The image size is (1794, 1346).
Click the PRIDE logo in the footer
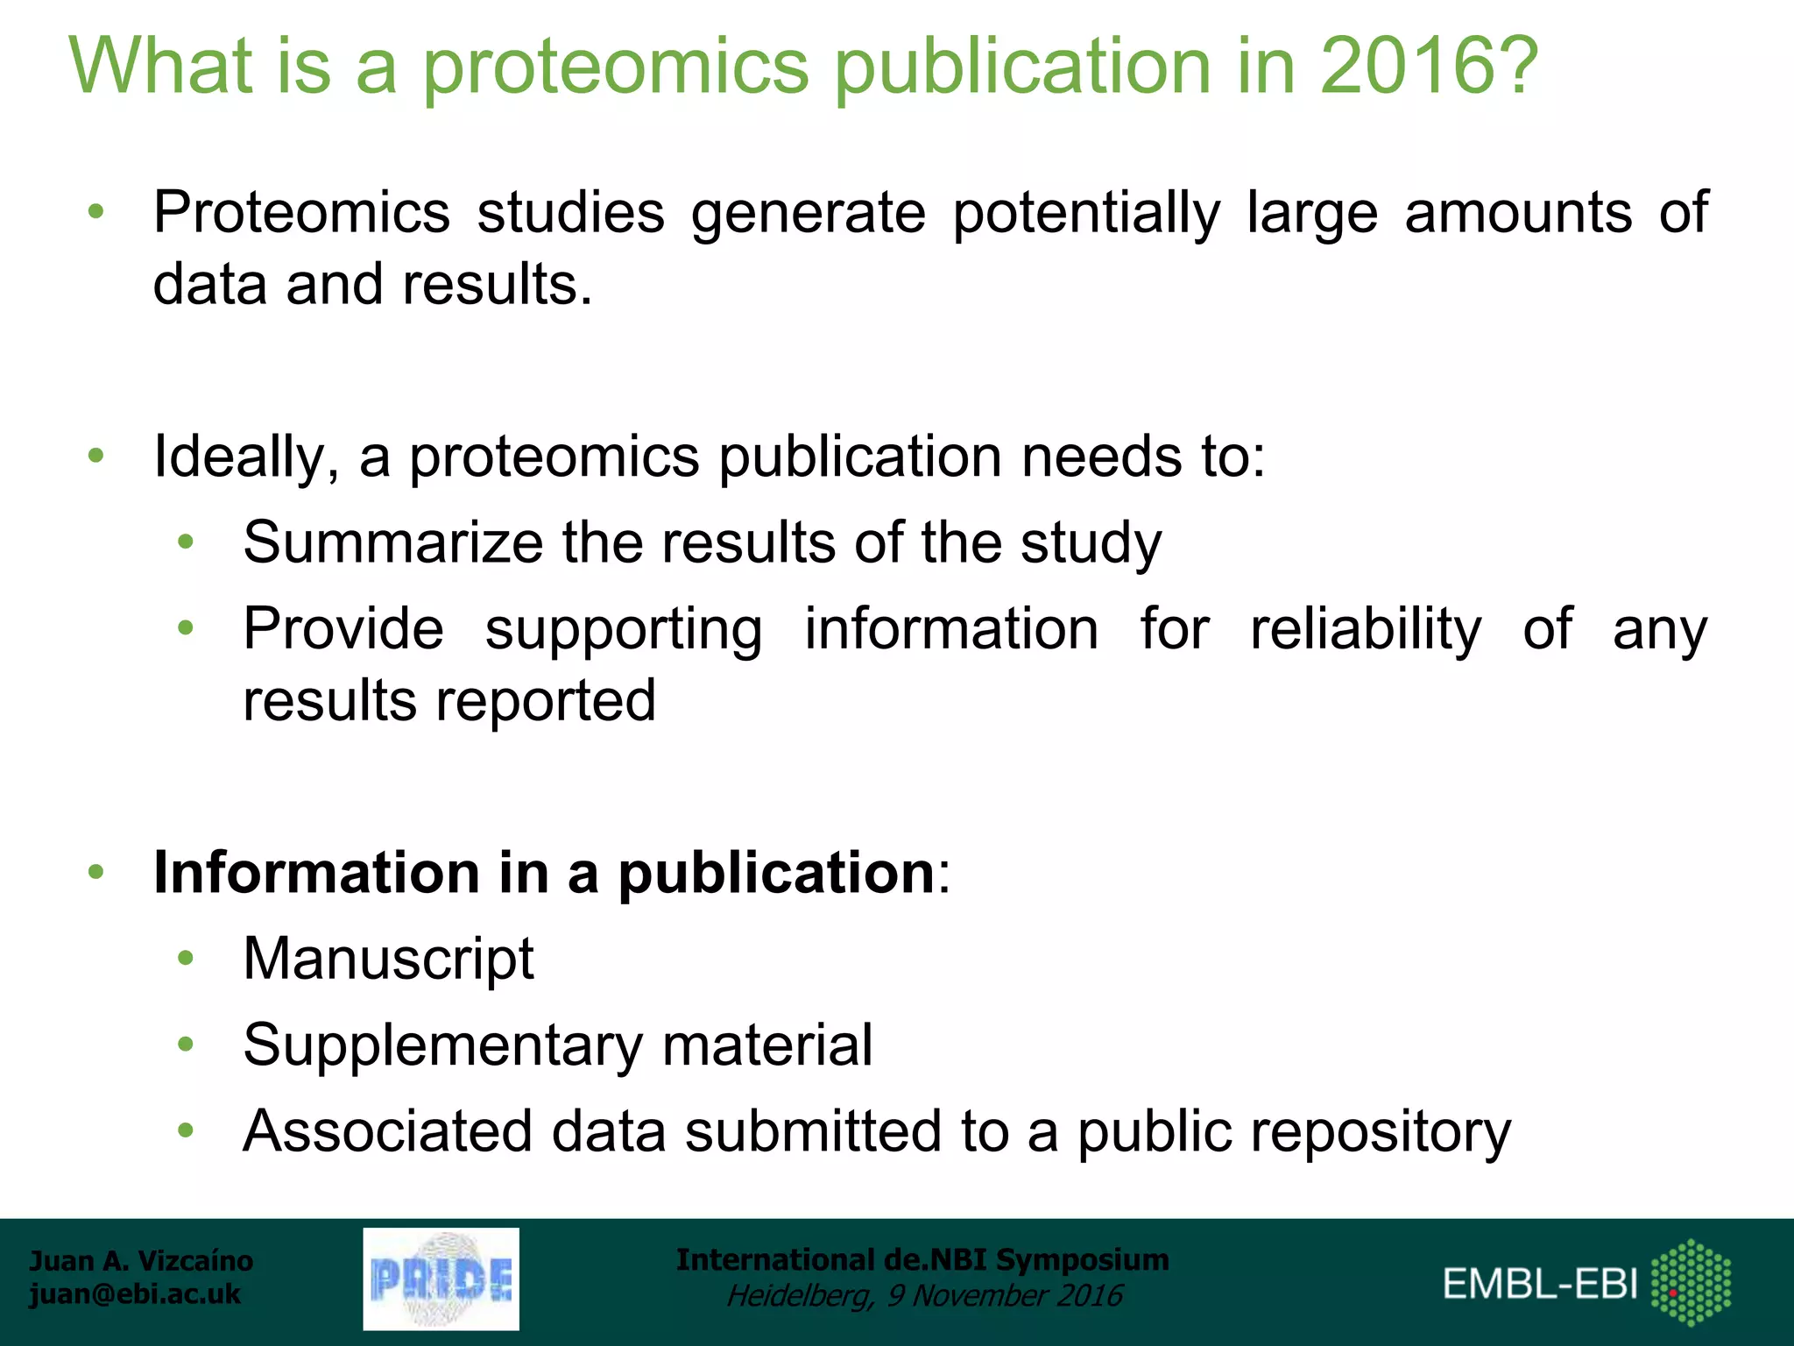coord(441,1279)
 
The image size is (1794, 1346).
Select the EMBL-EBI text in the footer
coord(1540,1285)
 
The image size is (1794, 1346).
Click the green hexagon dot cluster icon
coord(1691,1282)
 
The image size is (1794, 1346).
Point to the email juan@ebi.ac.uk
coord(135,1294)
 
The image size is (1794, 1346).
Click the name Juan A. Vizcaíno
coord(141,1261)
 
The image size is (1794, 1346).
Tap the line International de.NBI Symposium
coord(922,1260)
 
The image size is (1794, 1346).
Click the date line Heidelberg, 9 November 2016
coord(924,1296)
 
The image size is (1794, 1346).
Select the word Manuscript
coord(388,959)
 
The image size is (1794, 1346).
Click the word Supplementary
coord(442,1046)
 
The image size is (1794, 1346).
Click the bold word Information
coord(316,874)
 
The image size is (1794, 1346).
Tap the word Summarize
coord(392,542)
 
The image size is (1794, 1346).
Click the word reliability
coord(1365,629)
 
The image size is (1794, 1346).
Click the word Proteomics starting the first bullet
coord(301,214)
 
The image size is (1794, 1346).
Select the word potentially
coord(1085,214)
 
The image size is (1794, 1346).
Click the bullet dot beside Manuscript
coord(185,958)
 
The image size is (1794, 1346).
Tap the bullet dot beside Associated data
coord(185,1130)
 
